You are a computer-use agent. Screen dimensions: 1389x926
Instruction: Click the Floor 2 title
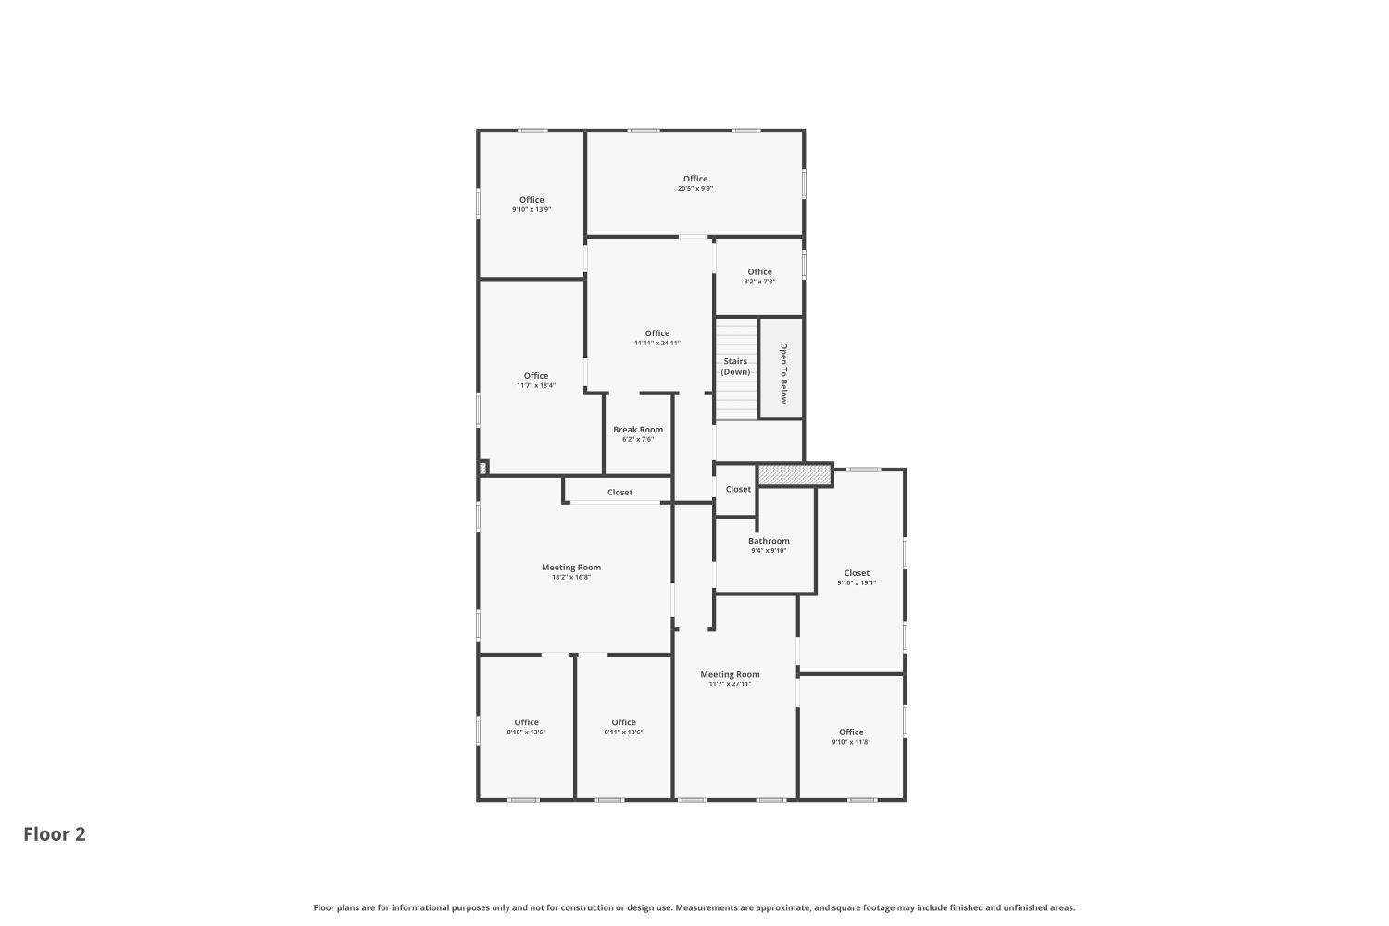click(55, 834)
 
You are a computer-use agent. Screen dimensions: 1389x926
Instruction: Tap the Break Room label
click(638, 429)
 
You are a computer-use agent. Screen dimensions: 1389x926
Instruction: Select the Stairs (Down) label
click(735, 367)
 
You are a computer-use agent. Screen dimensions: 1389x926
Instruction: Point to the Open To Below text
click(783, 373)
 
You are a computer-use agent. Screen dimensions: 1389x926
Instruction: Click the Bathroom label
click(769, 541)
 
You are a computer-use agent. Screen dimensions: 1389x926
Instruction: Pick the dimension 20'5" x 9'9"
click(695, 189)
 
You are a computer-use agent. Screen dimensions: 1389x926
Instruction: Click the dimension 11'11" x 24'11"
click(657, 343)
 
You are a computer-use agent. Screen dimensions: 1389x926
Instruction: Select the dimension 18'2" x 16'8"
click(571, 577)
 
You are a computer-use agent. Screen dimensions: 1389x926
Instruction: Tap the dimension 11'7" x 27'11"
click(730, 684)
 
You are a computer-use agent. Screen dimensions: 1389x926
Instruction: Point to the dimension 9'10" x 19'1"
click(857, 583)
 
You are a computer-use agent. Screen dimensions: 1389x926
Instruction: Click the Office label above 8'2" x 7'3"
click(759, 271)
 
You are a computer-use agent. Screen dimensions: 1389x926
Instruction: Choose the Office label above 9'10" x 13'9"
click(532, 200)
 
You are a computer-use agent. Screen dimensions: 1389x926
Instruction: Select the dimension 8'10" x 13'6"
click(527, 732)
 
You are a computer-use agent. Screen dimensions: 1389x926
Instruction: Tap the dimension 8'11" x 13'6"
click(624, 732)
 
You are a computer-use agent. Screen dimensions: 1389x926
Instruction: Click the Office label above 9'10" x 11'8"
click(851, 732)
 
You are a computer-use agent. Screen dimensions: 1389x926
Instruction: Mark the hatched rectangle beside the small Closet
click(795, 475)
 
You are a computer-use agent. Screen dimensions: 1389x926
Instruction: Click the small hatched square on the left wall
click(483, 468)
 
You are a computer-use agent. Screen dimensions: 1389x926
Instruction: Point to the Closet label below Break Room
click(620, 493)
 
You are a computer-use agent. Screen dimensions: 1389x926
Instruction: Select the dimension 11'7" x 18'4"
click(536, 385)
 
